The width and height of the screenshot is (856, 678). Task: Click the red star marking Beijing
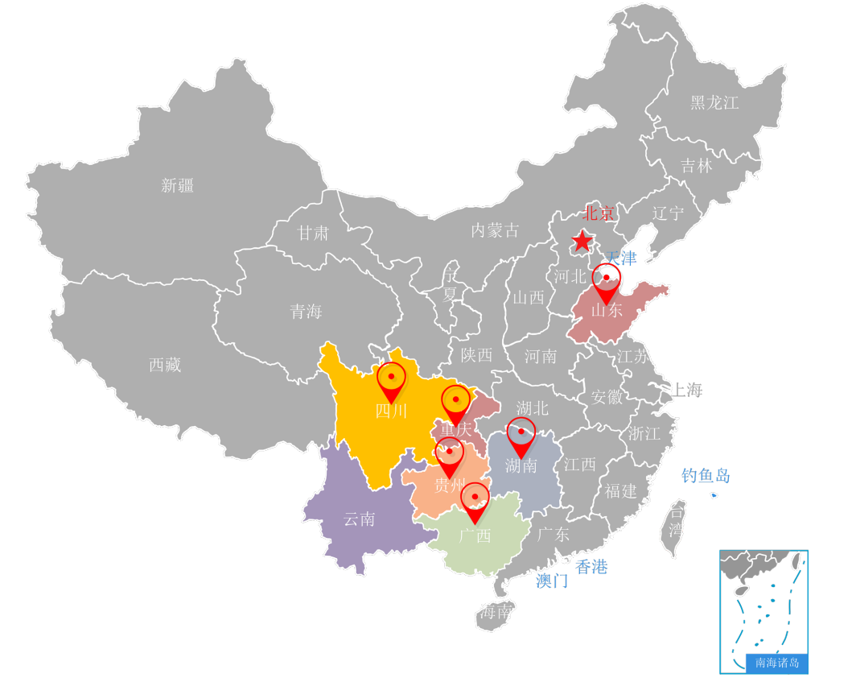pos(582,241)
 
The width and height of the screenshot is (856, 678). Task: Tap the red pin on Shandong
pos(606,281)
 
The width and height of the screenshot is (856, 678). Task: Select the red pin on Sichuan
pos(391,379)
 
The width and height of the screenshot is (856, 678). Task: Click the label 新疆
pos(177,186)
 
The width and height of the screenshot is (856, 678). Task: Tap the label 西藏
pos(165,365)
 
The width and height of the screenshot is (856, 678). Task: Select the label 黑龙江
pos(714,102)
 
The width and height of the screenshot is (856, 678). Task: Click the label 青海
pos(306,312)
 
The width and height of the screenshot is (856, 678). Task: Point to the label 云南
pos(359,519)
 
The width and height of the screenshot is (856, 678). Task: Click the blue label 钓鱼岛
pos(706,476)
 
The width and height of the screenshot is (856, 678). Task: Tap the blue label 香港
pos(592,567)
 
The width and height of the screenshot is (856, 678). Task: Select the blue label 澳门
pos(552,581)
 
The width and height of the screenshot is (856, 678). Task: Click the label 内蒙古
pos(495,231)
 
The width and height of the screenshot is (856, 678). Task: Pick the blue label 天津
pos(621,258)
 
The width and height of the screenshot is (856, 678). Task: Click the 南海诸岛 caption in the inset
pos(777,664)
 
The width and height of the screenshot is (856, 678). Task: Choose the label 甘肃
pos(313,234)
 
